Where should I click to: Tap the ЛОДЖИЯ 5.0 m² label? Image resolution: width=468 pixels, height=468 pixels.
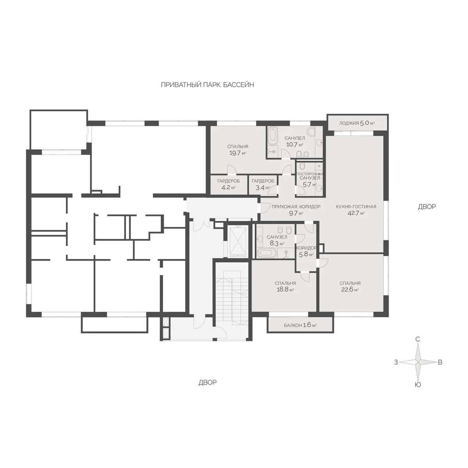(x=357, y=123)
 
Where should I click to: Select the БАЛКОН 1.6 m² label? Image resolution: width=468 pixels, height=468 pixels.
(x=300, y=325)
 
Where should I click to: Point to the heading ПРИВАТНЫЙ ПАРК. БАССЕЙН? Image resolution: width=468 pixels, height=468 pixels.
(x=207, y=85)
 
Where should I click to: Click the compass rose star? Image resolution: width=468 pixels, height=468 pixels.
(x=418, y=369)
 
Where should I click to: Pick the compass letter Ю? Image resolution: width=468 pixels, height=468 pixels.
(x=418, y=392)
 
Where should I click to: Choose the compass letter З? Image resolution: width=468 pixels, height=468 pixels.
(x=396, y=369)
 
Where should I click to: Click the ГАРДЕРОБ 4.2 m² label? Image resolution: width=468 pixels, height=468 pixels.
(x=229, y=184)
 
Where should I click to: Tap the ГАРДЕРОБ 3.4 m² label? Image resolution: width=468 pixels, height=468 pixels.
(x=263, y=184)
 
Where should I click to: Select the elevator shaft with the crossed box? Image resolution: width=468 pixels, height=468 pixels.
(x=238, y=241)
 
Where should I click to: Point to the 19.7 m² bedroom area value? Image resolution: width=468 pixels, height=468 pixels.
(x=238, y=153)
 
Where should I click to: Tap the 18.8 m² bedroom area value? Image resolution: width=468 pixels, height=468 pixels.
(x=285, y=289)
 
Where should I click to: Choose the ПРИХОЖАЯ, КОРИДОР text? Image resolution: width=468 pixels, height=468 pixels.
(x=296, y=207)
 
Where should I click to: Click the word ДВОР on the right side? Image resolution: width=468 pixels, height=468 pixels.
(x=427, y=207)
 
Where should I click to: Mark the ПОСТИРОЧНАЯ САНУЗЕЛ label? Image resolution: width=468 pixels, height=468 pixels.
(x=310, y=176)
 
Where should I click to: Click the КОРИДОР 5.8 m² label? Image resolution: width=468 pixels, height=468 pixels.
(x=306, y=251)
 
